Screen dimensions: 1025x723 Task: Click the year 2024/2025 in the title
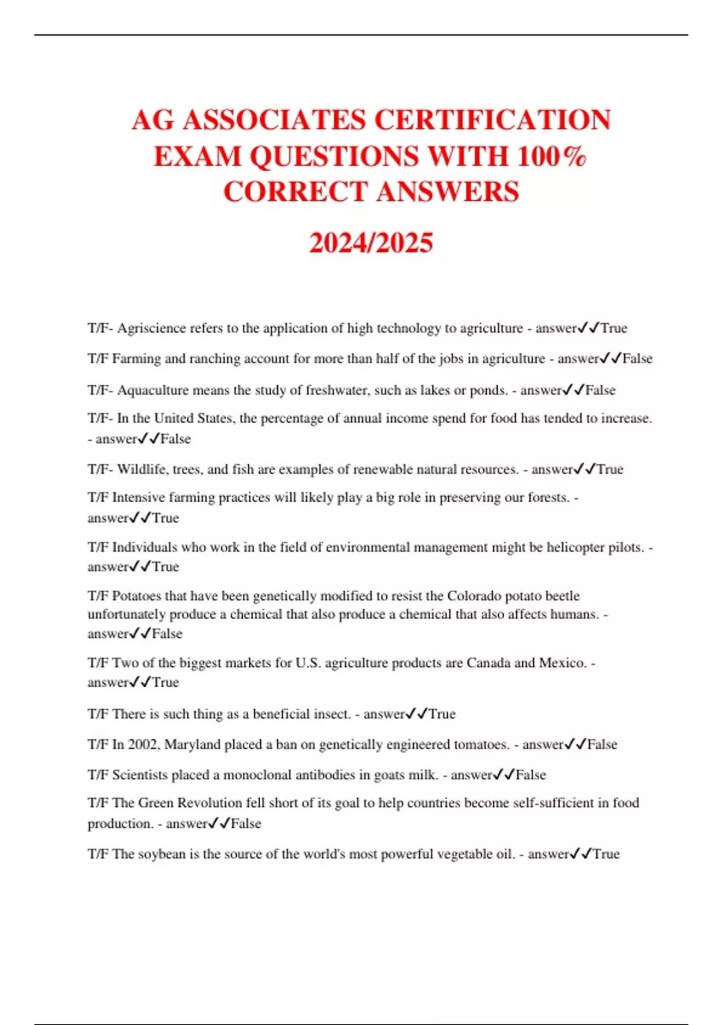(371, 243)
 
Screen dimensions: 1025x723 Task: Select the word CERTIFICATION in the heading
(493, 119)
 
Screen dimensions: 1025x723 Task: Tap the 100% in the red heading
(552, 156)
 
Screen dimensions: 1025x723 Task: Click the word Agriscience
(152, 328)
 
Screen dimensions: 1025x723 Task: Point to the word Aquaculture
(153, 390)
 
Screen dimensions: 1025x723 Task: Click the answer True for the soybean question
(606, 854)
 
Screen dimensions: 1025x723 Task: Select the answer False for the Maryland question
(602, 745)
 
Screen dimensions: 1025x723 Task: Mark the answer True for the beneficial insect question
(442, 714)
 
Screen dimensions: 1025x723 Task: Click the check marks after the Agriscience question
(588, 328)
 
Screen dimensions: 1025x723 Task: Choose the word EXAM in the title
(196, 156)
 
